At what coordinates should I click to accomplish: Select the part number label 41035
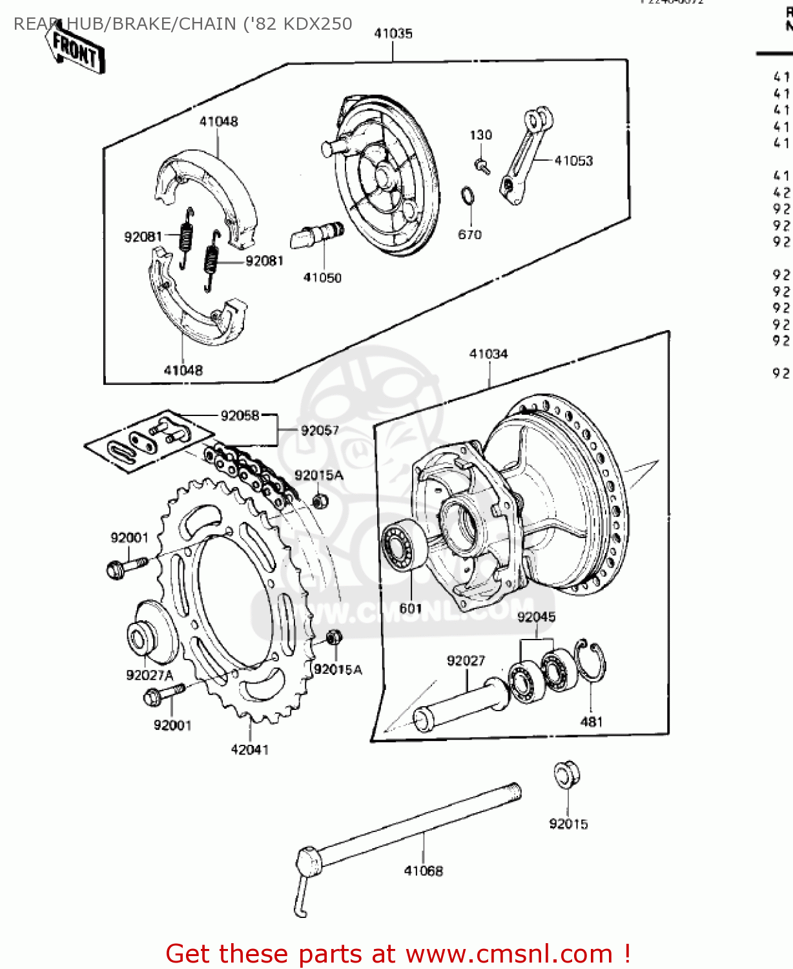click(393, 34)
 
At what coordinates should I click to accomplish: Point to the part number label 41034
click(488, 354)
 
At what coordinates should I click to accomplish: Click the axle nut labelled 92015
click(566, 775)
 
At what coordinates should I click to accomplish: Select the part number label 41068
click(424, 871)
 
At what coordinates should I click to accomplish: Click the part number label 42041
click(249, 749)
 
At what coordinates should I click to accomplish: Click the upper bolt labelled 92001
click(126, 567)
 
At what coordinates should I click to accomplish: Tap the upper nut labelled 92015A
click(319, 501)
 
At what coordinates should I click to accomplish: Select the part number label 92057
click(320, 430)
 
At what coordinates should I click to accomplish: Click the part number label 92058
click(240, 415)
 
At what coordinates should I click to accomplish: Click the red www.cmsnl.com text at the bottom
click(508, 954)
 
